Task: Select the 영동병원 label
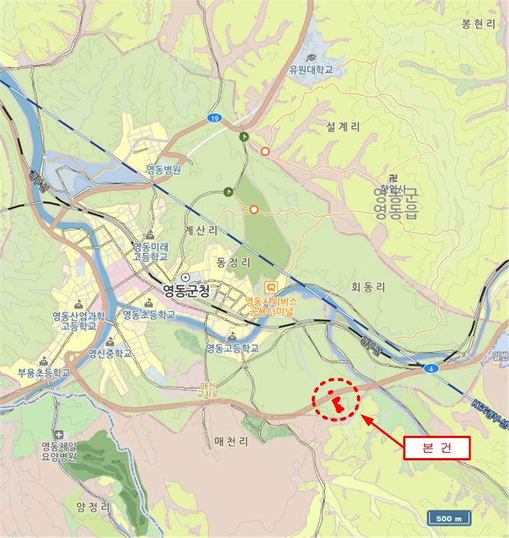tap(163, 170)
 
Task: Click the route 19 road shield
tap(213, 118)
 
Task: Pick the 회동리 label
tap(366, 287)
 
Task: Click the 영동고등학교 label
tap(232, 348)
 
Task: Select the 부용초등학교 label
tap(43, 373)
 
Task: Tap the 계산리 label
tap(200, 230)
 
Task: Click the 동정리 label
tap(234, 262)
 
